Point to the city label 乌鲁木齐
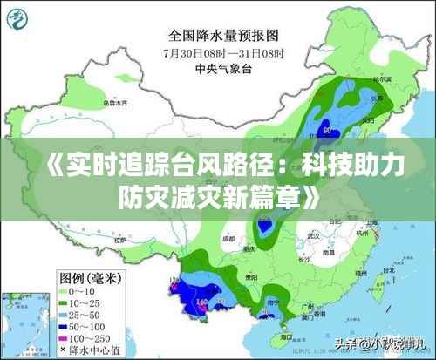pos(115,103)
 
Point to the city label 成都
pos(228,237)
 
